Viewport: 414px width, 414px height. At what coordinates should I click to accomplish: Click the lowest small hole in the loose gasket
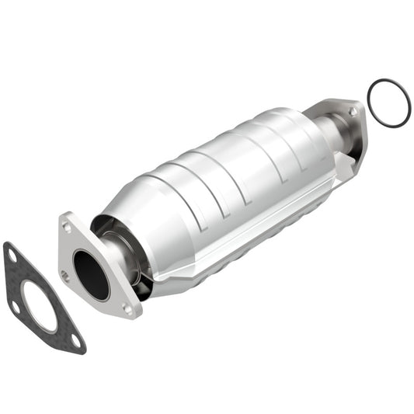click(x=75, y=340)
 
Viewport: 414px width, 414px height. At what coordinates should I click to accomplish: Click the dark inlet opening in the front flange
click(x=92, y=273)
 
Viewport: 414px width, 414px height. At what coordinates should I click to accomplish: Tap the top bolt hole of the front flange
click(x=68, y=228)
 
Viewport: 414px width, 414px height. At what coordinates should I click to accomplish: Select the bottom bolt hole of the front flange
click(x=127, y=309)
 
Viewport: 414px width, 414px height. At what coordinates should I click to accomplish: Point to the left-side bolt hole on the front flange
click(x=65, y=274)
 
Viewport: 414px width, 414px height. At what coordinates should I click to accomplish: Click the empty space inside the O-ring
click(x=388, y=102)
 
